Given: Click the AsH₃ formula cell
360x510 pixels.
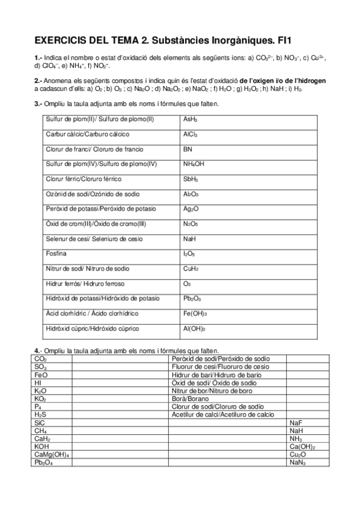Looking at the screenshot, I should pos(191,120).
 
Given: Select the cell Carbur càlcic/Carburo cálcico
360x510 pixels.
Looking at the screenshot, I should pos(88,134).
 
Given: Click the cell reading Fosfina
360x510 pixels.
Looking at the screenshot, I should pos(56,254).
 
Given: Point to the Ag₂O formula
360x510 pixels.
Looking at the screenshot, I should pos(191,209).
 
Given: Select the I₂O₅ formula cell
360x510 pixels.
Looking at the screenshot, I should pos(189,254).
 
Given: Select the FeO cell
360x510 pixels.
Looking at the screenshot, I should pos(40,374).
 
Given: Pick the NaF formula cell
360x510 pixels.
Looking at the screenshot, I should pos(295,423).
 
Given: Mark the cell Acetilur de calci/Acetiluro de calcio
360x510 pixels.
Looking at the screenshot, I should pos(223,414).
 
